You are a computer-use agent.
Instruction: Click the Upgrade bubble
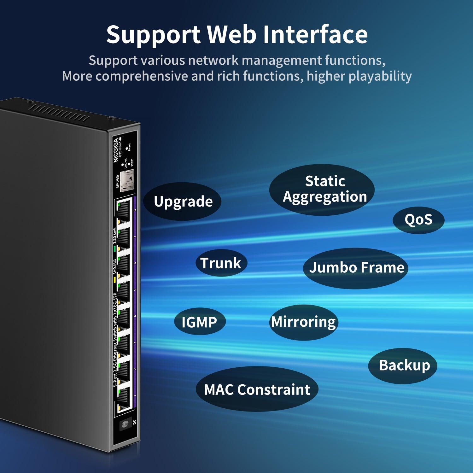coord(183,201)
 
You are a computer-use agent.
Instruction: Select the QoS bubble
coord(418,220)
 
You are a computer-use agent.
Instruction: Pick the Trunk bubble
coord(221,263)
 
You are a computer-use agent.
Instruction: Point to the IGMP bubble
coord(200,322)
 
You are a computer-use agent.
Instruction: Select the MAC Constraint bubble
coord(257,389)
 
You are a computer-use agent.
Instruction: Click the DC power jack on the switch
coord(126,424)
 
